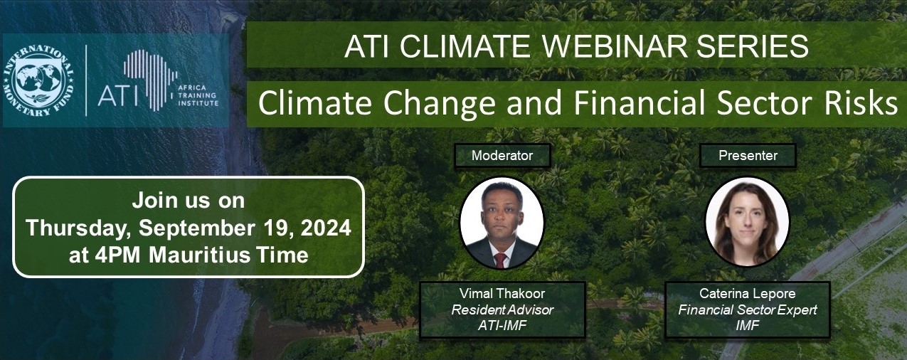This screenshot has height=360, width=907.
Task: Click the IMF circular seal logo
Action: (39, 80)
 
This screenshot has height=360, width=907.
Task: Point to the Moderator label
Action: (502, 156)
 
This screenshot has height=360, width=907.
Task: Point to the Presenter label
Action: (748, 156)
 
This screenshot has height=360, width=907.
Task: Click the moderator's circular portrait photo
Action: (502, 223)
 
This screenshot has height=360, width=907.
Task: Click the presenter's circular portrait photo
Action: (748, 222)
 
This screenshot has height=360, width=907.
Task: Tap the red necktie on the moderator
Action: (501, 260)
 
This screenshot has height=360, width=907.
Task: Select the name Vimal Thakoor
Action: (502, 294)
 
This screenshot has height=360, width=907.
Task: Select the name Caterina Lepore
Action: (748, 294)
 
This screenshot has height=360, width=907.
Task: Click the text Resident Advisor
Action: (502, 309)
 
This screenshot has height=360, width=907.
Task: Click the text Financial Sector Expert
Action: (748, 309)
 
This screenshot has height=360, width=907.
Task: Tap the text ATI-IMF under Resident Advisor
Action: (502, 325)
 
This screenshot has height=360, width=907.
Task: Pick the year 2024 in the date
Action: (326, 228)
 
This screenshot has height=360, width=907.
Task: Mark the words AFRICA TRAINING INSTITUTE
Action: (198, 95)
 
